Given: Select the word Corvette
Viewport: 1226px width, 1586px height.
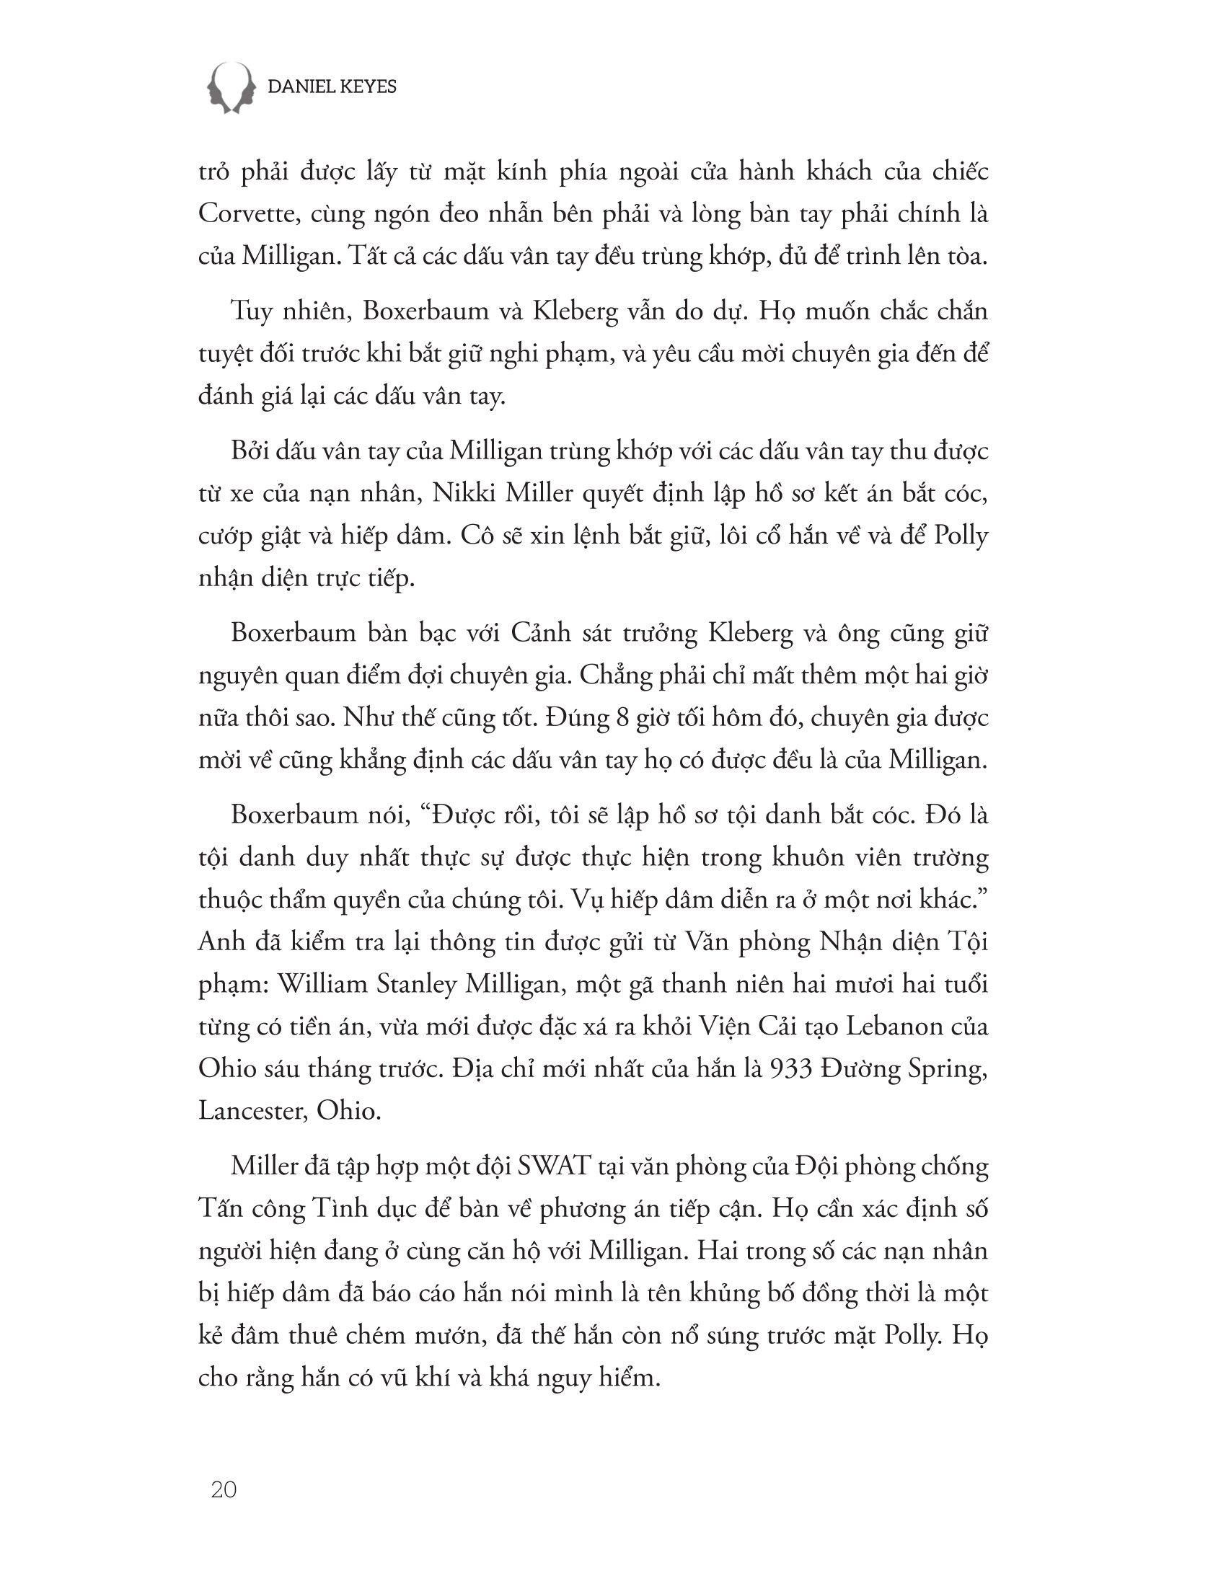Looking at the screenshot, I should [x=248, y=216].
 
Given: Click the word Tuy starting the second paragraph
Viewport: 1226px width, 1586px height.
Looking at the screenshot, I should [x=248, y=313].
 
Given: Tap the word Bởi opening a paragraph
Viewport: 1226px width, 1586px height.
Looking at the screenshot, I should [x=249, y=452].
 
